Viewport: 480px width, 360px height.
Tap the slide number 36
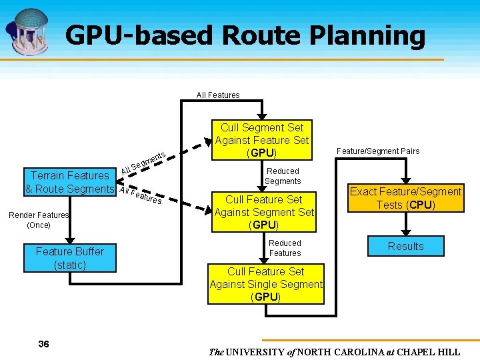click(44, 344)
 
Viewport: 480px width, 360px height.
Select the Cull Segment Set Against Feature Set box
click(262, 140)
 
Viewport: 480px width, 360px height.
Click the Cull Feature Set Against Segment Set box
click(264, 212)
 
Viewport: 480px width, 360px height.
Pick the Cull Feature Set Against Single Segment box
click(266, 284)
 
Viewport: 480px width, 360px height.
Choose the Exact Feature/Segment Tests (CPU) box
click(405, 198)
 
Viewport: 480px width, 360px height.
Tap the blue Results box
click(405, 246)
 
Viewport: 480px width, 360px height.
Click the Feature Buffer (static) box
click(70, 258)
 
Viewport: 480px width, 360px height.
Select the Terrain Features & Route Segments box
click(70, 182)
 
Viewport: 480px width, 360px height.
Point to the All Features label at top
click(218, 95)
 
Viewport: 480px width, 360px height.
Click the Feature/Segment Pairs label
click(378, 151)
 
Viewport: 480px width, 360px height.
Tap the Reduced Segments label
click(283, 176)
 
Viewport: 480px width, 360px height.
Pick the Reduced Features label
click(285, 248)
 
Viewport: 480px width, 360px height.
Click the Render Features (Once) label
click(39, 220)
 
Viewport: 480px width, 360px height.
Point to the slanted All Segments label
click(143, 161)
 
